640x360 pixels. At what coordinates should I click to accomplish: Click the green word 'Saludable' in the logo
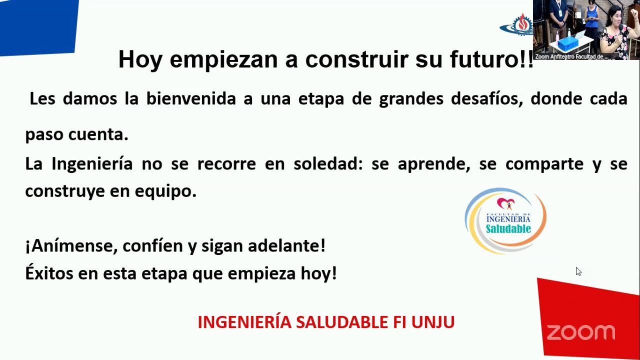tap(508, 229)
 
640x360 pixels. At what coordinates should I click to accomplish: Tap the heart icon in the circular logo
tap(505, 203)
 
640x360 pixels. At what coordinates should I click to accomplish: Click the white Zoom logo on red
tap(580, 332)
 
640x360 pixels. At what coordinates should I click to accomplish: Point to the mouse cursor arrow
tap(578, 271)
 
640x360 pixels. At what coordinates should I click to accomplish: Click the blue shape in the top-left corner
tap(37, 25)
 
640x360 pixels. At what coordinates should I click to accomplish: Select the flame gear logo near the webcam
tap(520, 24)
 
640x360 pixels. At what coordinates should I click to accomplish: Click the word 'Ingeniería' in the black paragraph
tap(92, 164)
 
